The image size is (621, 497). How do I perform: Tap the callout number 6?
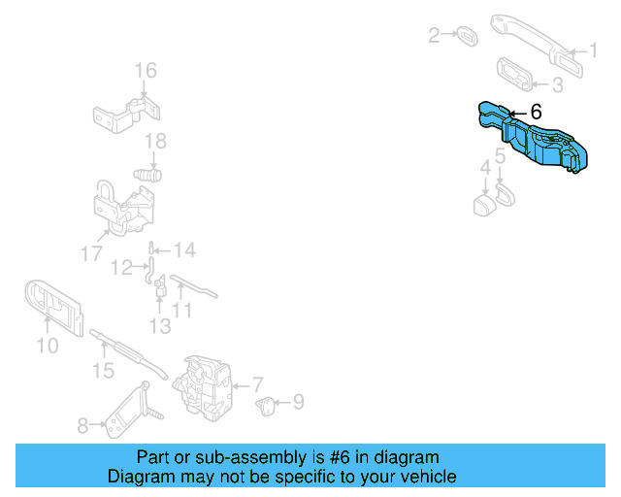click(x=536, y=112)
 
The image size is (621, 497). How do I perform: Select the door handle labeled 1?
click(x=537, y=45)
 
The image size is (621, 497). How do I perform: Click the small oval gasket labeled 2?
click(x=467, y=37)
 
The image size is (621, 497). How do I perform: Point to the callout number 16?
click(x=146, y=71)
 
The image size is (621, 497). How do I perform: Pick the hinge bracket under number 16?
click(x=127, y=115)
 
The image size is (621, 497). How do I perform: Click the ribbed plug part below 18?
click(x=147, y=175)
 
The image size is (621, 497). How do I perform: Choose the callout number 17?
click(x=91, y=253)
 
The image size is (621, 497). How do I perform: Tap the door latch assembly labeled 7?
click(x=202, y=387)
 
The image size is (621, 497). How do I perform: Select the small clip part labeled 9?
click(x=265, y=406)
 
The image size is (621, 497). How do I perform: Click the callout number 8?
click(x=82, y=426)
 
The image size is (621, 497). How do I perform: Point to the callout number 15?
click(x=103, y=371)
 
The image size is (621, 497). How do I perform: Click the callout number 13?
click(x=160, y=326)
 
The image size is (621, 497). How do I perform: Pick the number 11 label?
click(x=181, y=310)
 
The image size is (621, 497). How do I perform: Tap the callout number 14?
click(x=185, y=250)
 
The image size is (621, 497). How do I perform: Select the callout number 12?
click(x=121, y=268)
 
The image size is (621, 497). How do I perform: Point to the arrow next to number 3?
click(x=539, y=84)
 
